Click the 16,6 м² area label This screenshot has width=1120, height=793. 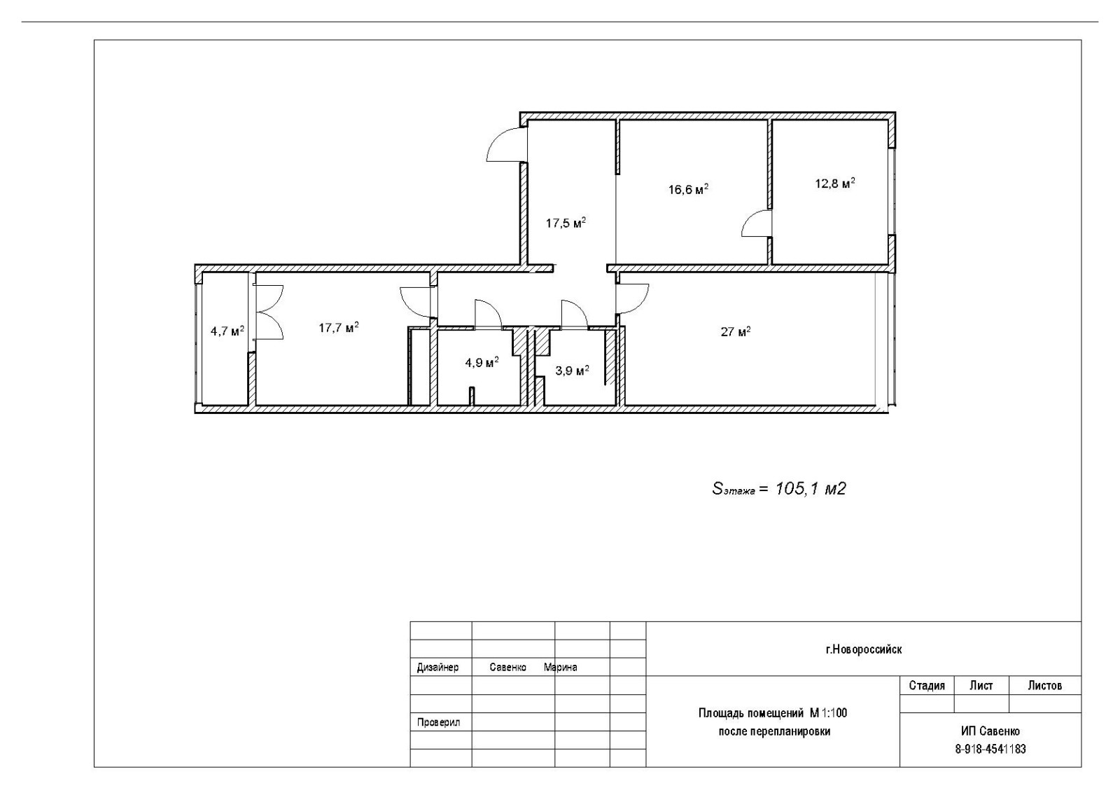(689, 189)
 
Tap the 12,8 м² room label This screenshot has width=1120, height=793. (835, 183)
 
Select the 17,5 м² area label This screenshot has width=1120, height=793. (566, 223)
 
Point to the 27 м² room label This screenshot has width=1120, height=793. (736, 332)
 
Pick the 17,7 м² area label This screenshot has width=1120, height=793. (339, 328)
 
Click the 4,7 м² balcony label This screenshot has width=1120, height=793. (227, 331)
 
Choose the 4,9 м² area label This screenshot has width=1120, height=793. (482, 363)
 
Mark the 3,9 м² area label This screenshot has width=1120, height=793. (572, 371)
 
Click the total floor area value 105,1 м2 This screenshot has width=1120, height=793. (811, 489)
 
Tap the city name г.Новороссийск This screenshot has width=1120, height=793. (864, 650)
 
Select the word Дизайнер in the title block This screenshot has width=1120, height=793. (437, 668)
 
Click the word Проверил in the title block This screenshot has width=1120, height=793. (438, 722)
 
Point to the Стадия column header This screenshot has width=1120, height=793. (927, 685)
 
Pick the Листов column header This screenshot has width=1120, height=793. (1045, 685)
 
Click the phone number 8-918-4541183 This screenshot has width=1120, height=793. (990, 750)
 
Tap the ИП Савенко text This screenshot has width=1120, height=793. (990, 731)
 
